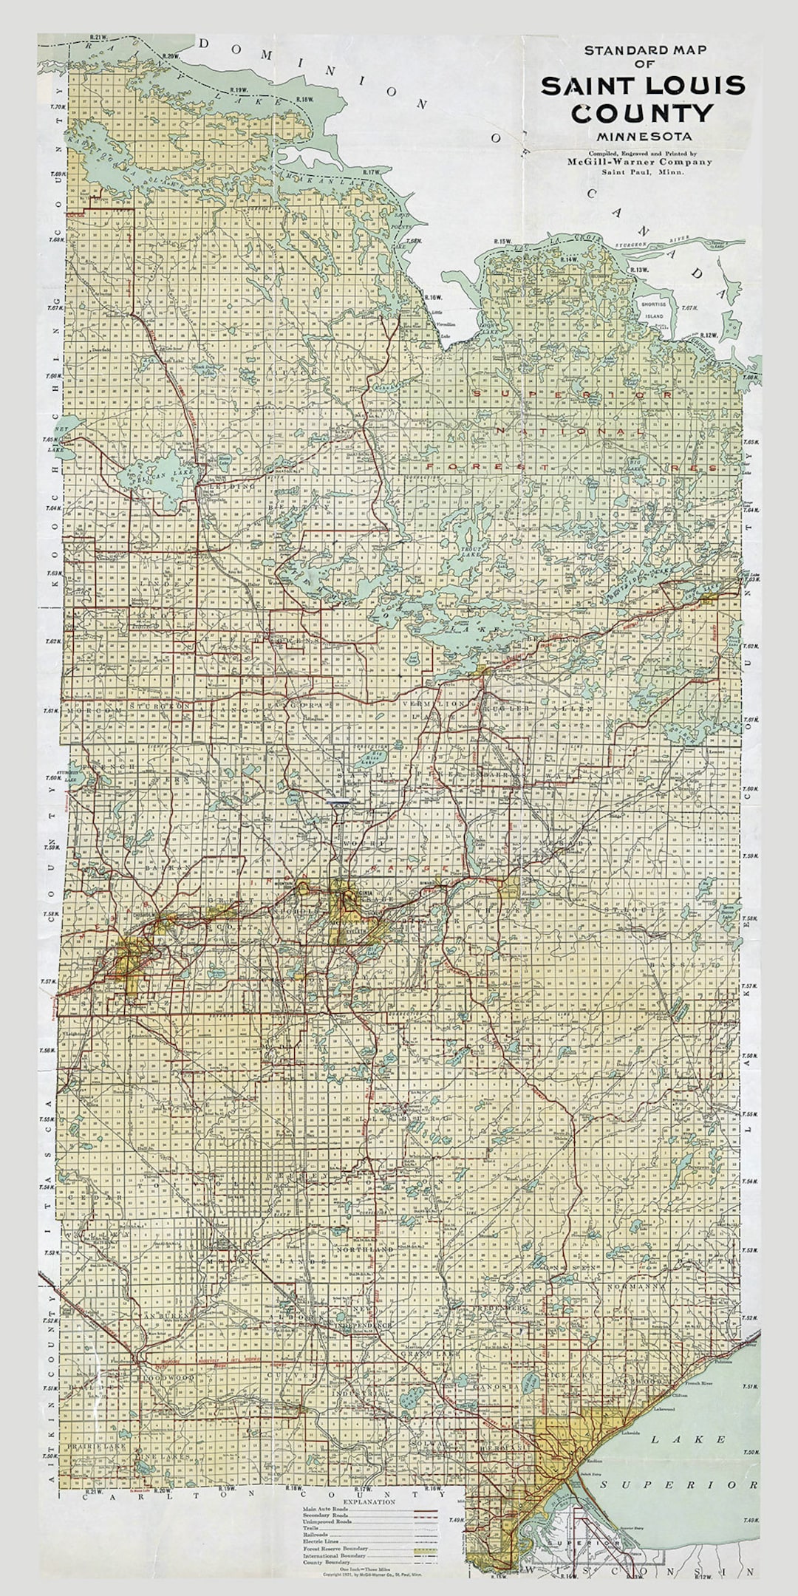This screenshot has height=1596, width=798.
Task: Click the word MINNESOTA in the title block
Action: click(x=645, y=136)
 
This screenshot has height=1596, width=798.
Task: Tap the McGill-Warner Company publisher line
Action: click(x=640, y=161)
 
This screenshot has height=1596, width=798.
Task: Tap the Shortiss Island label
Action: click(x=653, y=310)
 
